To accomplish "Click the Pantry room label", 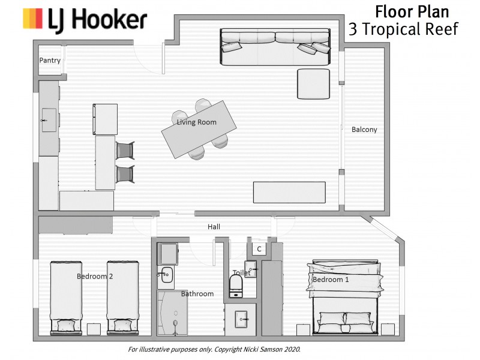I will tap(50, 61).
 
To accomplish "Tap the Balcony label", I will tap(364, 130).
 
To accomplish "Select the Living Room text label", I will tap(196, 122).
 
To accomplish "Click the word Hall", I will tap(214, 227).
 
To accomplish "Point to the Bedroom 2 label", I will tap(95, 277).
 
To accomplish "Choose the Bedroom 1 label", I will tap(331, 280).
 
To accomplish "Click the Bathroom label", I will tap(197, 294).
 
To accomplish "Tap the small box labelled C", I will tap(259, 248).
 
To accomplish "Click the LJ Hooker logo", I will tap(85, 19).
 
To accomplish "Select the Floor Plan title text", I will tap(412, 11).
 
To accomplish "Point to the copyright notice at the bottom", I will tap(214, 349).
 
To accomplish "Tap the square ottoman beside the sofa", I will tap(313, 83).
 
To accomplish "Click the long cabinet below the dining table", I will tap(289, 192).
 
